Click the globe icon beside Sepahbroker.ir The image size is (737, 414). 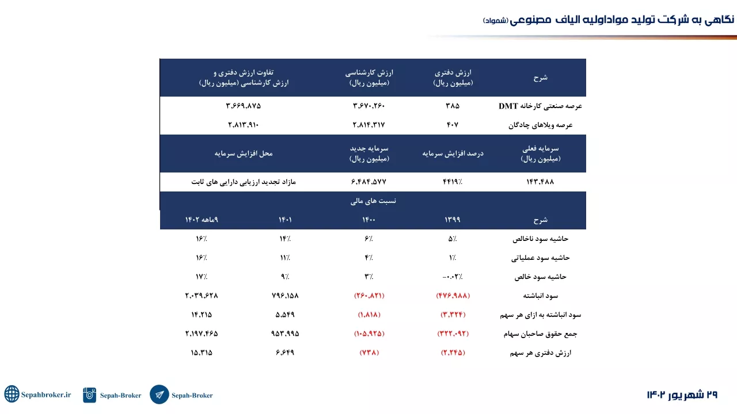(x=12, y=394)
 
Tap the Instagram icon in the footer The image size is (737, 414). (x=89, y=394)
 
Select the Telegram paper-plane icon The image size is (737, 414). (x=159, y=394)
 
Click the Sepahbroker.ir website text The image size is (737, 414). (x=46, y=394)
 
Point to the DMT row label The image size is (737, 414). (x=540, y=106)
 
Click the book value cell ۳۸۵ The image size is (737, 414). (x=453, y=106)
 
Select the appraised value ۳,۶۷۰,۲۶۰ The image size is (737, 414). (x=369, y=106)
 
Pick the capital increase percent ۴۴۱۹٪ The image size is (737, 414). (x=453, y=182)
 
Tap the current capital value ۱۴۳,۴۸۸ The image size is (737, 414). (x=540, y=182)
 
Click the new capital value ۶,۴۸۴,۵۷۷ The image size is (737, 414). (x=369, y=182)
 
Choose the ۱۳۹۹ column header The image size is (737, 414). (x=453, y=220)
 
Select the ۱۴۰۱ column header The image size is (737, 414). (x=285, y=220)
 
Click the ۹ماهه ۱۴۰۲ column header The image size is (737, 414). (x=202, y=220)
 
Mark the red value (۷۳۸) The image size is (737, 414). (x=369, y=352)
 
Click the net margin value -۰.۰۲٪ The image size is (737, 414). (x=453, y=277)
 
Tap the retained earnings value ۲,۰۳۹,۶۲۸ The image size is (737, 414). (x=202, y=296)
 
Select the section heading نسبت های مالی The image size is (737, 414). (x=373, y=201)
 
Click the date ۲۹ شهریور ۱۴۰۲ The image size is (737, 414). (x=682, y=394)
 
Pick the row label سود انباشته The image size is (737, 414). (x=541, y=296)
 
